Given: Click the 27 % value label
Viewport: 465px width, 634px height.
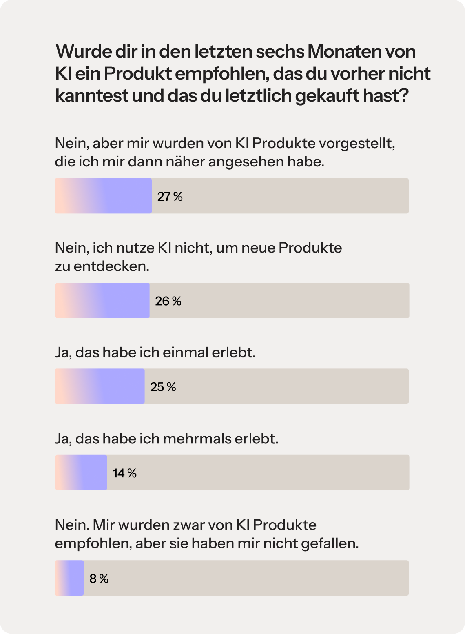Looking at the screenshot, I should pyautogui.click(x=170, y=197).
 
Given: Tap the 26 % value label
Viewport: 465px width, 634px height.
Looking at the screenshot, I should pyautogui.click(x=168, y=301).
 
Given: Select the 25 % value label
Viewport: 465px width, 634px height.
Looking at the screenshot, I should pyautogui.click(x=163, y=387).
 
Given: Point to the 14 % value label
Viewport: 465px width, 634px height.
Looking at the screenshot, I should pyautogui.click(x=124, y=473).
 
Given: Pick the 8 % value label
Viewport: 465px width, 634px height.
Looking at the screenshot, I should pyautogui.click(x=99, y=579).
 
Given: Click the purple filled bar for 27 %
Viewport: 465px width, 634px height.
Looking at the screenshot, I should pyautogui.click(x=104, y=196).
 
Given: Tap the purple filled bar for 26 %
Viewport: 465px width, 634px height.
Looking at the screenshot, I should pyautogui.click(x=102, y=301).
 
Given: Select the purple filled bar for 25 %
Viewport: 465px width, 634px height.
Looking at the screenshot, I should pyautogui.click(x=100, y=386).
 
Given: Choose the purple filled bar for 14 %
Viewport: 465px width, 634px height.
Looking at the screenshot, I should pyautogui.click(x=81, y=472).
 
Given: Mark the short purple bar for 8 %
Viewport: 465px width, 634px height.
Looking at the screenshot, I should pyautogui.click(x=69, y=578).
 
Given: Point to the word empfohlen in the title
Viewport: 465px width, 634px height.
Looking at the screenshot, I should pyautogui.click(x=222, y=74).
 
